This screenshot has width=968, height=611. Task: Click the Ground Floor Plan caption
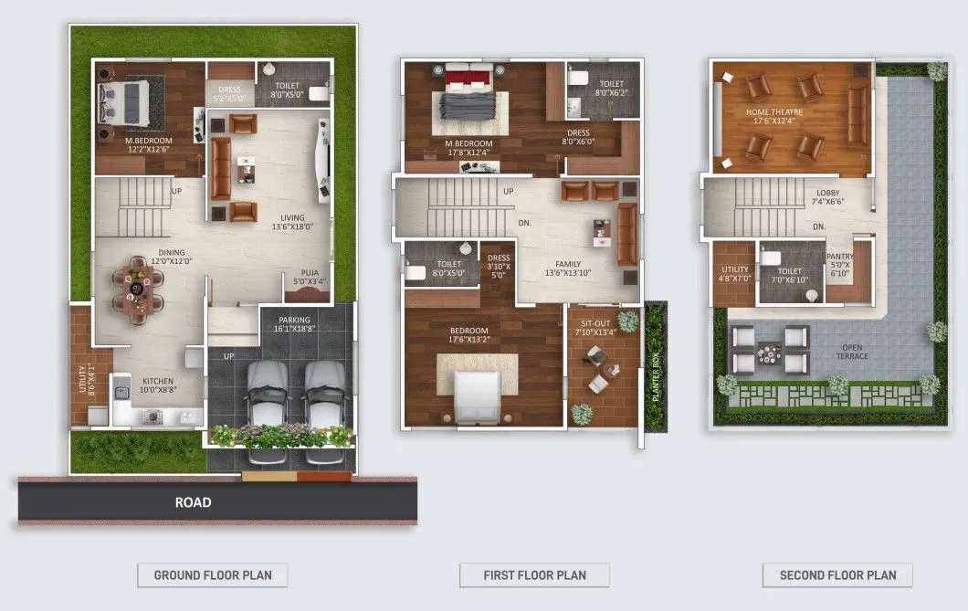point(212,575)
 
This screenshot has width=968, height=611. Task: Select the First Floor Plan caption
point(534,575)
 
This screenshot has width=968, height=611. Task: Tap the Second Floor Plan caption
point(837,575)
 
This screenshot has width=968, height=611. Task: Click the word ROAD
point(193,502)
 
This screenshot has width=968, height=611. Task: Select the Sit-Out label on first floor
point(594,327)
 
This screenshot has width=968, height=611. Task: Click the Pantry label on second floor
point(838,264)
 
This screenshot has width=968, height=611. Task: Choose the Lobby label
point(829,197)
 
